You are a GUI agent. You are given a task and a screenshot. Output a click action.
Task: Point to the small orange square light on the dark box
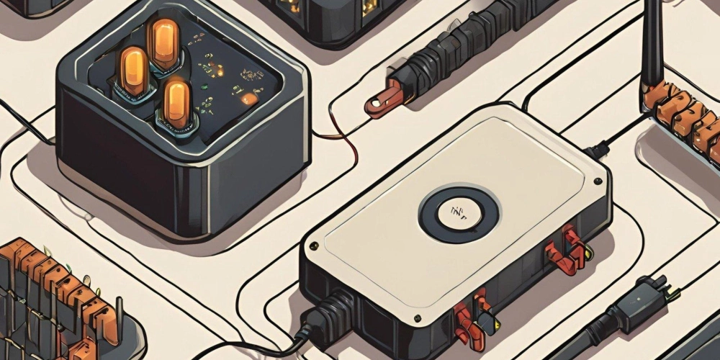coord(247,99)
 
